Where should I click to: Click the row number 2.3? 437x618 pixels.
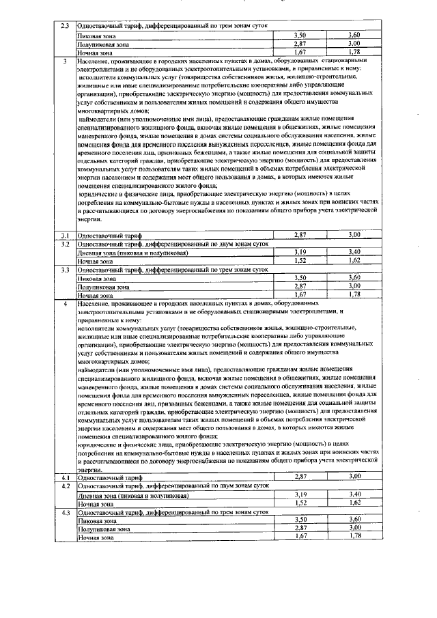pyautogui.click(x=65, y=26)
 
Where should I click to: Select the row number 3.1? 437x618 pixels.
pyautogui.click(x=65, y=235)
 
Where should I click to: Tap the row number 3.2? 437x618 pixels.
pyautogui.click(x=65, y=243)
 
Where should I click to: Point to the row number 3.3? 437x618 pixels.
pyautogui.click(x=65, y=270)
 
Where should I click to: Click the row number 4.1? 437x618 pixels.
pyautogui.click(x=65, y=476)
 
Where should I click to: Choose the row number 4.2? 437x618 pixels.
pyautogui.click(x=65, y=485)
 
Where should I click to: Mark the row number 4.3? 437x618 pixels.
pyautogui.click(x=65, y=511)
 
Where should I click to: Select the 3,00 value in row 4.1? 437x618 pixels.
pyautogui.click(x=354, y=476)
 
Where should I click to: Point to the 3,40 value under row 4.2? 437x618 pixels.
pyautogui.click(x=354, y=494)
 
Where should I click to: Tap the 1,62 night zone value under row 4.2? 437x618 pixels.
pyautogui.click(x=354, y=503)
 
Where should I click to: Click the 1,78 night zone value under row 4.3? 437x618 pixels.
pyautogui.click(x=354, y=537)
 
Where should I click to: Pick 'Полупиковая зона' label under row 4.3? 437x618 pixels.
pyautogui.click(x=103, y=529)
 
